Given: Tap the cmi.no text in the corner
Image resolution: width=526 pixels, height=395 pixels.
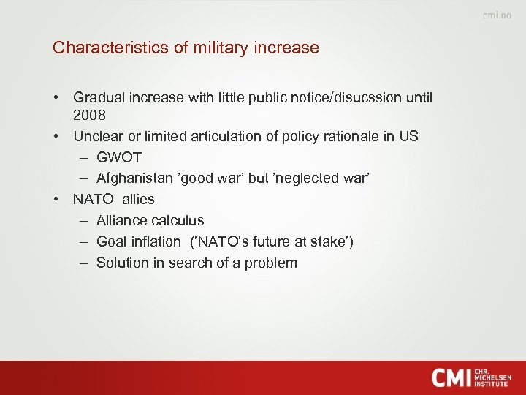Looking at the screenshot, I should tap(497, 16).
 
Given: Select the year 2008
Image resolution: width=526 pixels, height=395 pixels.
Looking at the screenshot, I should tap(89, 116).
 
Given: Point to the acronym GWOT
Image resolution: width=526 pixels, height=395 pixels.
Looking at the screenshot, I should tap(119, 157).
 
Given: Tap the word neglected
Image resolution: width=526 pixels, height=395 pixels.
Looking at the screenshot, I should tap(300, 178).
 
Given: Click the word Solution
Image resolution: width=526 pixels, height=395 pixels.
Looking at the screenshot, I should tap(122, 263).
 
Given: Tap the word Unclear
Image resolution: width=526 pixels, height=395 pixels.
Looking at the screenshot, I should tap(99, 137).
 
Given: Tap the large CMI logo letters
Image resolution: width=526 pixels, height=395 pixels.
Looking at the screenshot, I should tap(451, 377).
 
